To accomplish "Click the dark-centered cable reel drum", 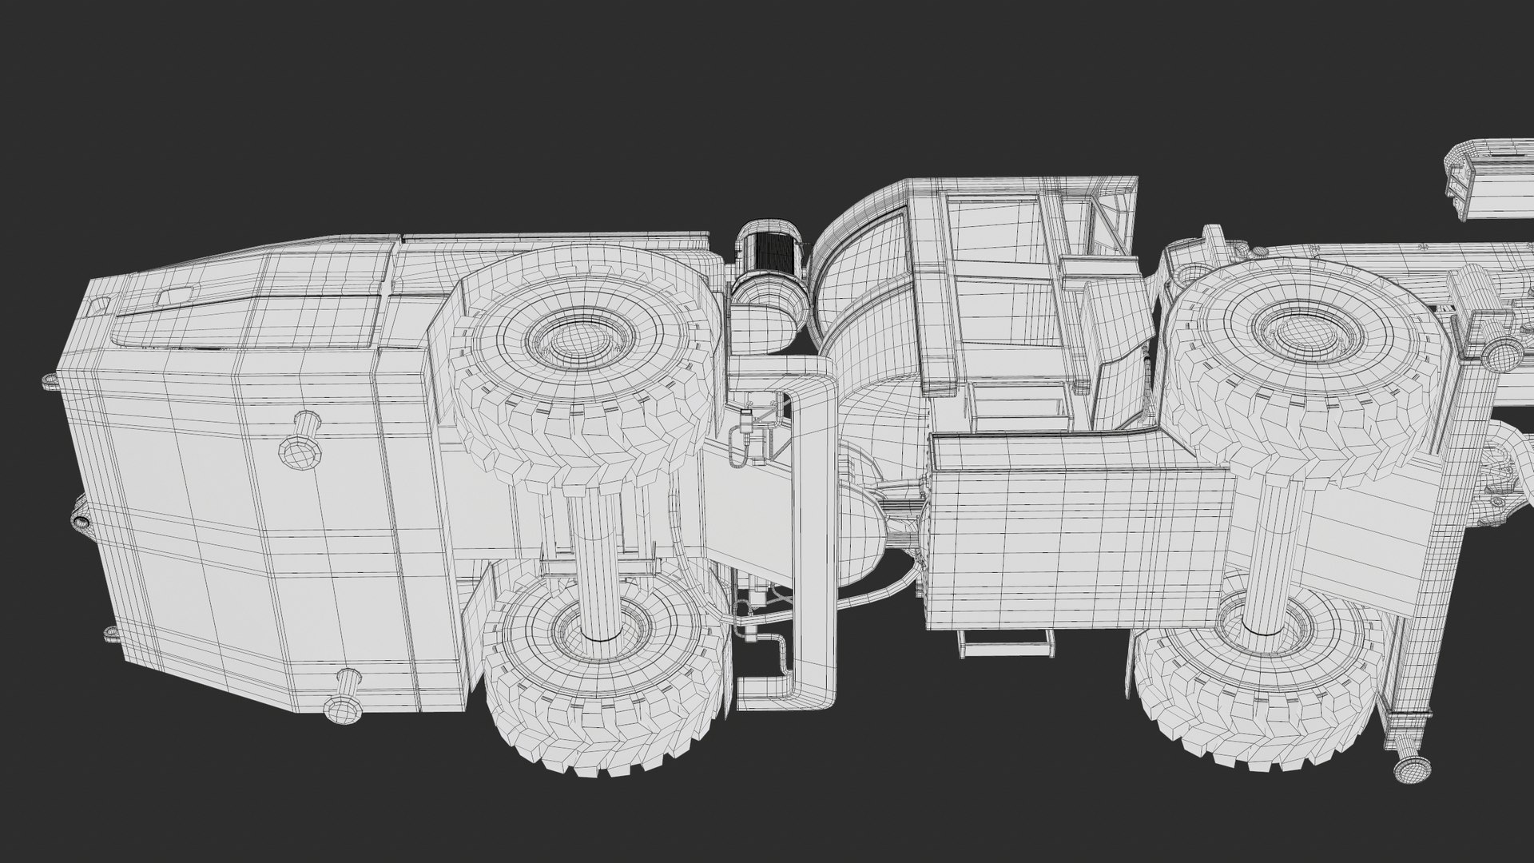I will click(x=773, y=249).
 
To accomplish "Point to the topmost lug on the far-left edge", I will click(x=49, y=379).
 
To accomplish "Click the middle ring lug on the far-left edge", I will click(x=81, y=521).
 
